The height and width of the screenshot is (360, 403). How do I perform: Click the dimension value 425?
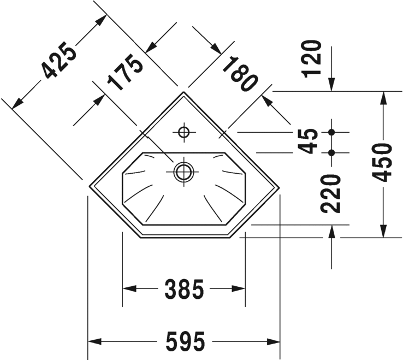(x=58, y=60)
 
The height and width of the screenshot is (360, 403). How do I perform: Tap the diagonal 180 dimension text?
(x=239, y=74)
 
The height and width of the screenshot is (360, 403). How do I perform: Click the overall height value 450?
(x=383, y=162)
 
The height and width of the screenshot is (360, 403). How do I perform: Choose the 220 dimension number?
(x=330, y=193)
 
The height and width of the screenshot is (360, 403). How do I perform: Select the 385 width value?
(x=184, y=289)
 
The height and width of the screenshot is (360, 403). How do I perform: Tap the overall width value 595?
(x=185, y=343)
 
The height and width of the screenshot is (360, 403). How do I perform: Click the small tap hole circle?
(x=183, y=132)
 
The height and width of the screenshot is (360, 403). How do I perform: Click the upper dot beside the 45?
(x=331, y=132)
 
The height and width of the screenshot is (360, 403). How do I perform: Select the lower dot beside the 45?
(x=331, y=152)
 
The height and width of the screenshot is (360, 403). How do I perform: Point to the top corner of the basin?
(x=183, y=92)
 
